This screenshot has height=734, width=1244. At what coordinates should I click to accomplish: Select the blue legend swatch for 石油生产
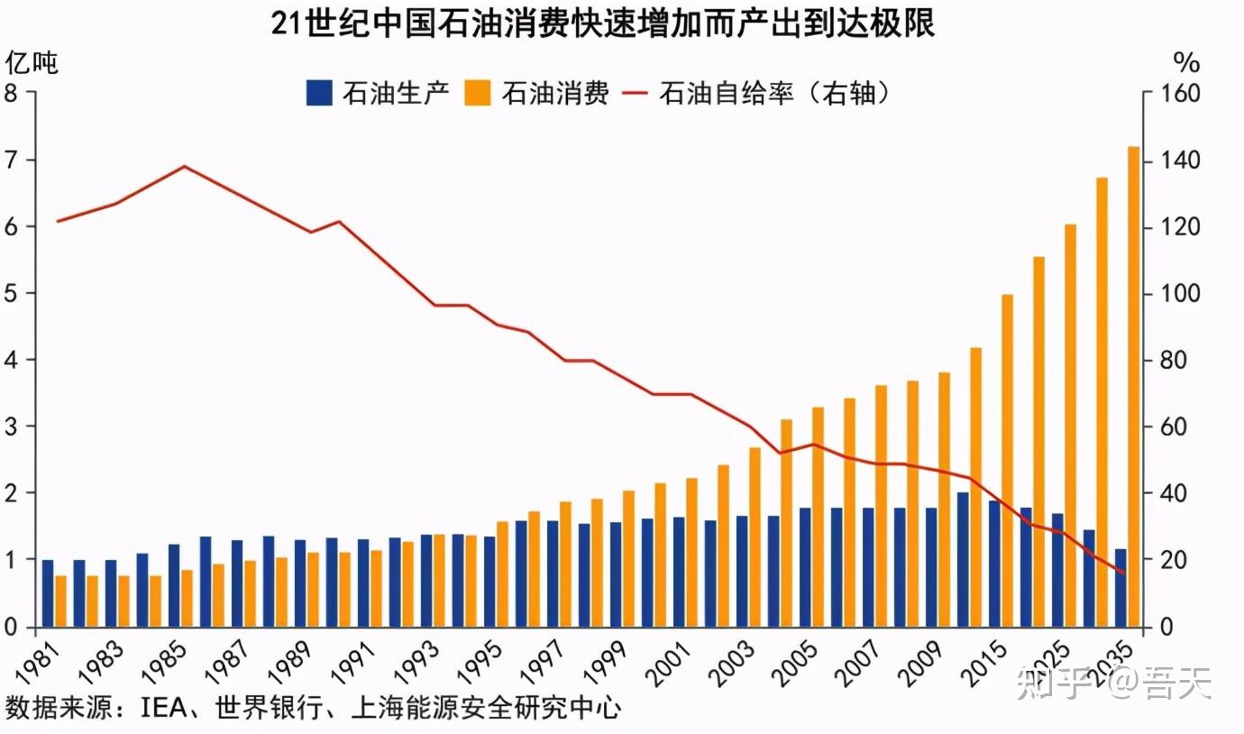[318, 93]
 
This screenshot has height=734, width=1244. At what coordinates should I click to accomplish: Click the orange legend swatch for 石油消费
[479, 93]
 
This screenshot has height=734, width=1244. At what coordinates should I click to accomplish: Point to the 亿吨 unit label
[32, 63]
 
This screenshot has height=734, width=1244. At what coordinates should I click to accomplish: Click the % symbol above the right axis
[1186, 63]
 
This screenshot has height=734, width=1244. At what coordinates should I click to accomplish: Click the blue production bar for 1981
[48, 593]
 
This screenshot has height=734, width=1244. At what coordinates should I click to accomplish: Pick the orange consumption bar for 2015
[1008, 460]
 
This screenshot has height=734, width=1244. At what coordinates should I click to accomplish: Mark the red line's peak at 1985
[184, 166]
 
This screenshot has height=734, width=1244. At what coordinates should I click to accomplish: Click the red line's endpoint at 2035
[1122, 573]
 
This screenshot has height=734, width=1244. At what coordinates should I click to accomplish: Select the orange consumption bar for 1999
[629, 558]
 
